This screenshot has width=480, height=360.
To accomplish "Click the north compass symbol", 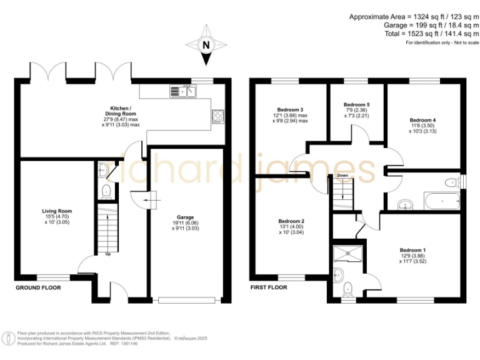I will coord(206,45).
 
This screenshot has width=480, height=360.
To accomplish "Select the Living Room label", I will coord(57,216).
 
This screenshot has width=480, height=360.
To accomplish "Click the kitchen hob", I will coord(219,116).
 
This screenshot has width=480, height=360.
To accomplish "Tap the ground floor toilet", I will coord(105,190).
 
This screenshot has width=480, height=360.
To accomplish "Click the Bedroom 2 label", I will coord(291,227).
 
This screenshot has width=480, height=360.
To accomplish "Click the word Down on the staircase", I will coord(342,176).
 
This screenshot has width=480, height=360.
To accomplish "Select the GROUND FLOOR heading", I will coord(38,288).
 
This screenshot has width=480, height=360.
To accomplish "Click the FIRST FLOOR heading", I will coord(268,288).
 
